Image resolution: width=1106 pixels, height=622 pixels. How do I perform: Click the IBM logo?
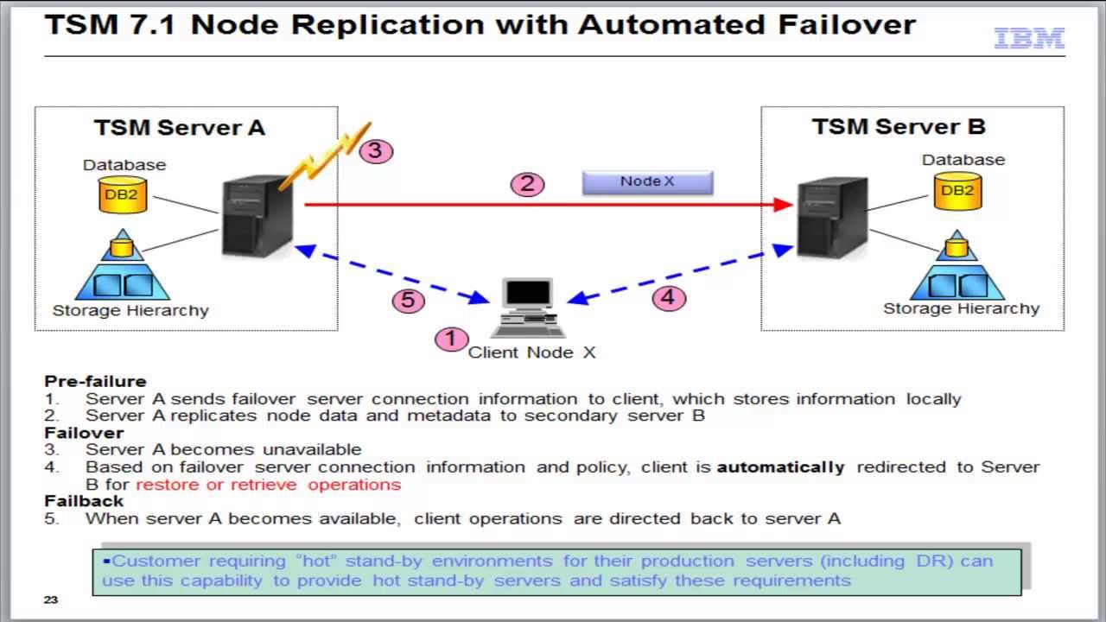tap(1029, 38)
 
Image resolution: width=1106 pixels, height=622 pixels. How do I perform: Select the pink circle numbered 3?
tap(375, 150)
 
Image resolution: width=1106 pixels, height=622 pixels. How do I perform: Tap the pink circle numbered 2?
tap(528, 183)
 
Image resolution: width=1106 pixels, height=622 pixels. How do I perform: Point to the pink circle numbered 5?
tap(409, 300)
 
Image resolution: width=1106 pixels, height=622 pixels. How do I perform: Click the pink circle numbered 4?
tap(668, 298)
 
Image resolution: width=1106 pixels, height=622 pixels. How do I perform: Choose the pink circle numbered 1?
tap(450, 339)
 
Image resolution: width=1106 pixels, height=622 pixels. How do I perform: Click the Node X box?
tap(647, 181)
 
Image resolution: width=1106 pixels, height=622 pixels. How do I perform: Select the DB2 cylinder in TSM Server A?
tap(121, 194)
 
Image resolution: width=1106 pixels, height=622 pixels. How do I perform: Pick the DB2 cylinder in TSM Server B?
tap(957, 190)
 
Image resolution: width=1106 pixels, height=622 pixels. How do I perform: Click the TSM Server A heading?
tap(180, 128)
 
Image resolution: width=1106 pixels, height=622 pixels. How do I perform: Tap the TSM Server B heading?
tap(899, 127)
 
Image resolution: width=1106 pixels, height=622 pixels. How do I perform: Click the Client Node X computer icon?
tap(528, 308)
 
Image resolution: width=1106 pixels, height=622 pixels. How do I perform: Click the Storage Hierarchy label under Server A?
tap(130, 310)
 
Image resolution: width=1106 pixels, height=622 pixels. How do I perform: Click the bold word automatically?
tap(780, 467)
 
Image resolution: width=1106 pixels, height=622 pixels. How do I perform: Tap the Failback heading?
tap(84, 501)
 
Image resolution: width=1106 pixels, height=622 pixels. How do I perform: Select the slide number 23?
tap(50, 600)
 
